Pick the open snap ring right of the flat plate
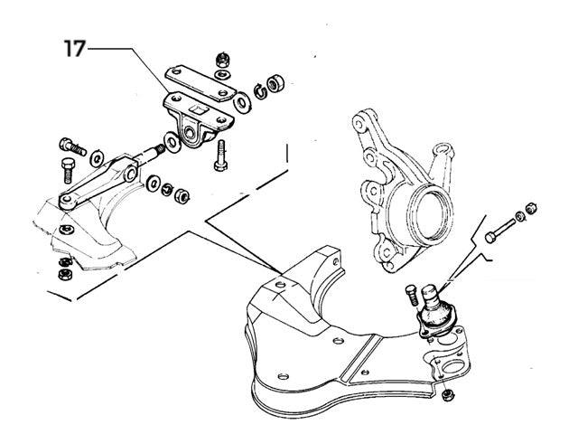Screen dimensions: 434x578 click(258, 90)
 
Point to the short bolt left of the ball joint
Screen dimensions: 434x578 click(413, 294)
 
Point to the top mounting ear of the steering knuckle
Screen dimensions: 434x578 click(366, 121)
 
